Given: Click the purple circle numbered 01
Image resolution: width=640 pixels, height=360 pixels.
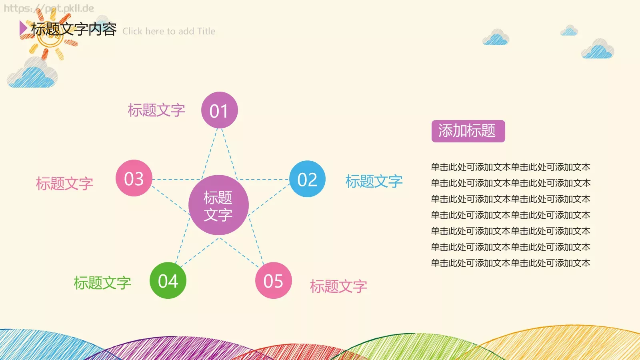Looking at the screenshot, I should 219,110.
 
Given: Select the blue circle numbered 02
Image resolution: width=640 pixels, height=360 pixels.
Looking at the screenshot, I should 307,179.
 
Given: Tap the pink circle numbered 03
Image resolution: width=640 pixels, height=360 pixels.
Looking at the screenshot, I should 134,178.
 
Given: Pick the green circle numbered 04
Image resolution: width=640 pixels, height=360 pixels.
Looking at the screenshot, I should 168,280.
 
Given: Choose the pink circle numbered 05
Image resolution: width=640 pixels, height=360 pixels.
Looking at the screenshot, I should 274,280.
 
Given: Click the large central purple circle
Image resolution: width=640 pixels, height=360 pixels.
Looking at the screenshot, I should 218,205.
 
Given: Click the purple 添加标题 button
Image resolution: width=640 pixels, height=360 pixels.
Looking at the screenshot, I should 468,131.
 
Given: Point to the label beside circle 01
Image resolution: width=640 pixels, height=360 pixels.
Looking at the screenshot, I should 156,110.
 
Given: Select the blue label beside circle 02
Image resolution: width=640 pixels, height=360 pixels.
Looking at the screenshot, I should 374,181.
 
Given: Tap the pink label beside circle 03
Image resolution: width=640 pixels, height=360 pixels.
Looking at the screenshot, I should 65,184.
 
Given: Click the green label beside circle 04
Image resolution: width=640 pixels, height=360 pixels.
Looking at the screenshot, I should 102,283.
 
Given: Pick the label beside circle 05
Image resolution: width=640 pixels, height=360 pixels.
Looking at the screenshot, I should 338,286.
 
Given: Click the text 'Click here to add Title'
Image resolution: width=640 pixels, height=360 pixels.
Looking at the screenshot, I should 169,31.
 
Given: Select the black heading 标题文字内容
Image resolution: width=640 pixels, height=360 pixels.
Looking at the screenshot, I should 74,29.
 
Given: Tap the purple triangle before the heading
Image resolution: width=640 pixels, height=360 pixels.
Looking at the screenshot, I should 23,28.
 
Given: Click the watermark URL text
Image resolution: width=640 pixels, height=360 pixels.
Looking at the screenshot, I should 49,8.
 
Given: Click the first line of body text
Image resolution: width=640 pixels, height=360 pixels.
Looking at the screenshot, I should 510,167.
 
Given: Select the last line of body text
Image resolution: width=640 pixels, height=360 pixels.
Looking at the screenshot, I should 510,263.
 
